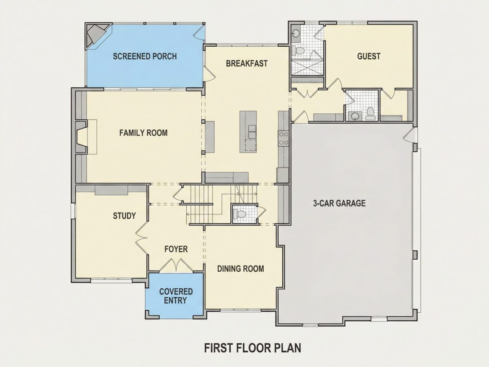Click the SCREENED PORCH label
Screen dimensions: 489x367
point(145,56)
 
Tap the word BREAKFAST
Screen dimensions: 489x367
point(247,63)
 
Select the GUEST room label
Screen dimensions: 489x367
point(369,56)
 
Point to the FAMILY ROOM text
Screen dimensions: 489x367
point(144,133)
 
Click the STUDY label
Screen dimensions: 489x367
point(124,216)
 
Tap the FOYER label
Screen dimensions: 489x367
point(176,249)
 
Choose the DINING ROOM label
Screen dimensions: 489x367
point(240,269)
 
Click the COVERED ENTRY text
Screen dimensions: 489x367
point(176,296)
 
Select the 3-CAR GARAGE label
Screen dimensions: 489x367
point(339,203)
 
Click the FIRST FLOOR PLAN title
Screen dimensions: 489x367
point(253,348)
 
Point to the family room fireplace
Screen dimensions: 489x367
point(81,137)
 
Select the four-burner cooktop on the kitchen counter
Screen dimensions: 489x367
point(284,138)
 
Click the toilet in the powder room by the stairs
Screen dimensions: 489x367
point(240,214)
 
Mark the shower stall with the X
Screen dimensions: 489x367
point(307,67)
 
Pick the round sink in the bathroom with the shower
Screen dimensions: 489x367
point(295,33)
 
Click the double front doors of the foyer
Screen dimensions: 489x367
point(176,265)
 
